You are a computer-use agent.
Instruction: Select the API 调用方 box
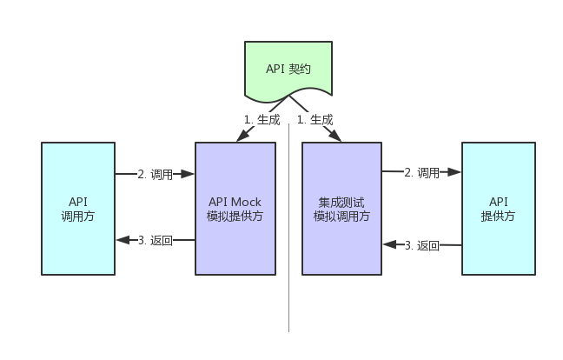coord(78,209)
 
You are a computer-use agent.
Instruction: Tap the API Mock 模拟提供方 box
coord(235,209)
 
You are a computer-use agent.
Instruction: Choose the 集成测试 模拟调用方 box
coord(341,209)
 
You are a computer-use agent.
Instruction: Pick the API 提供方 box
coord(497,209)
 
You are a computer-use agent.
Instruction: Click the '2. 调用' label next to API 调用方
coord(156,174)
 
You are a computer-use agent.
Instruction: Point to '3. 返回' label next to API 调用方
coord(156,240)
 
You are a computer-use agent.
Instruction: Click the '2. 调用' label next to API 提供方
coord(422,173)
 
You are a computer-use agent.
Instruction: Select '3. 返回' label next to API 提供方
coord(422,245)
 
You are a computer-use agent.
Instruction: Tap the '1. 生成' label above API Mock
coord(262,120)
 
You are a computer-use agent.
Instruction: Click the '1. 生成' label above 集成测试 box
coord(315,120)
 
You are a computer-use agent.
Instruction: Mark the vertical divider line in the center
coord(288,261)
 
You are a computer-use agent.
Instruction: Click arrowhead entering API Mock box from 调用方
coord(190,174)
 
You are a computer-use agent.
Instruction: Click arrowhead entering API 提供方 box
coord(457,173)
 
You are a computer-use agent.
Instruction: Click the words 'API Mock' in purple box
coord(235,202)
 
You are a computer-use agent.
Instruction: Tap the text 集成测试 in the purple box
coord(341,202)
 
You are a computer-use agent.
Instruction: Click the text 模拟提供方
coord(235,217)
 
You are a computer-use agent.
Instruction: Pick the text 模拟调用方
coord(341,217)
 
